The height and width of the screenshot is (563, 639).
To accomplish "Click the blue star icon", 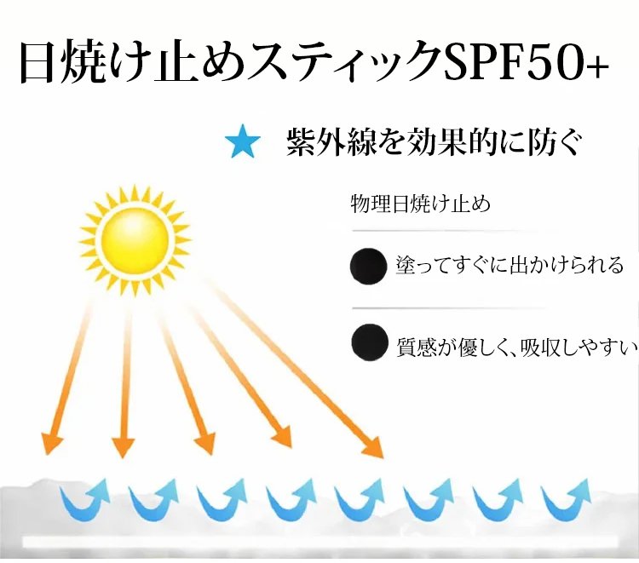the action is click(x=243, y=141).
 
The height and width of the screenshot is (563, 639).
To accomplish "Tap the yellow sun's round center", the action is click(x=135, y=239).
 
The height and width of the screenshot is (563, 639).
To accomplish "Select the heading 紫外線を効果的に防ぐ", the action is click(x=433, y=141).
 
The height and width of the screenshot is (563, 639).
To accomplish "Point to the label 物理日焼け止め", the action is click(x=421, y=204).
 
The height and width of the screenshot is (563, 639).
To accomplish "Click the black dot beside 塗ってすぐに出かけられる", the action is click(x=368, y=266).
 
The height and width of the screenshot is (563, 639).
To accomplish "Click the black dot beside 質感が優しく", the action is click(x=370, y=342).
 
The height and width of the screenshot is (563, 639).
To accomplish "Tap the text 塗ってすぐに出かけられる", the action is click(x=509, y=265).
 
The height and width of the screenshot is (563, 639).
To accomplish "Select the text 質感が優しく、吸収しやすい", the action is click(x=517, y=348).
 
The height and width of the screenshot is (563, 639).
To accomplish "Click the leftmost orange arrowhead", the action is click(x=53, y=443).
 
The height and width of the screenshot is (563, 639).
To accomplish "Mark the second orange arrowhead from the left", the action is click(x=123, y=446).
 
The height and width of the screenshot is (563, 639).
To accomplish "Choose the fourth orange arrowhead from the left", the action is click(x=282, y=438).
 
